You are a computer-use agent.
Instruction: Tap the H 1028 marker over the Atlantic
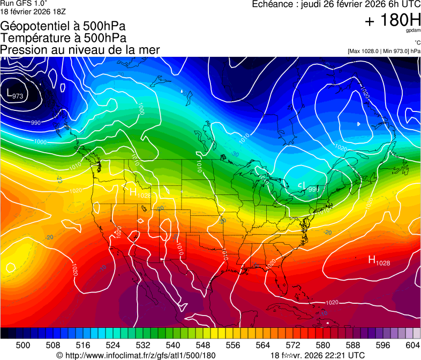click(379, 261)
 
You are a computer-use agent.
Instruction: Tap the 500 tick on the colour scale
click(23, 346)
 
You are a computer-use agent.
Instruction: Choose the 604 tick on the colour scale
click(412, 346)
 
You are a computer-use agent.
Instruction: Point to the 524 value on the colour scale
click(112, 346)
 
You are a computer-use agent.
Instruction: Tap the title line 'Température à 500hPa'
click(63, 38)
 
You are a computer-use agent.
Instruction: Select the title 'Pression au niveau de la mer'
click(80, 50)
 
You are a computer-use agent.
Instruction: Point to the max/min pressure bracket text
click(384, 51)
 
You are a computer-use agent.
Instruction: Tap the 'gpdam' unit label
click(414, 31)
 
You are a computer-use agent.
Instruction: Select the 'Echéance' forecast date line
click(336, 4)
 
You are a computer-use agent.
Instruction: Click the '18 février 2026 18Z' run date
click(33, 11)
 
